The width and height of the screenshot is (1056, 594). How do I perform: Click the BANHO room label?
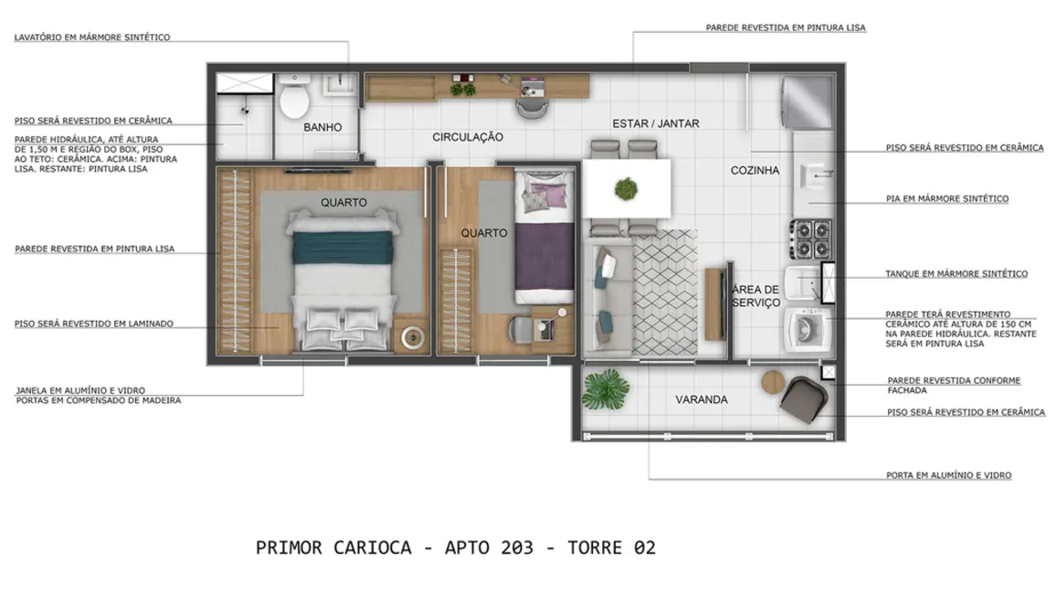(322, 128)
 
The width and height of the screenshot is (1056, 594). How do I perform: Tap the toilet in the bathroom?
(294, 100)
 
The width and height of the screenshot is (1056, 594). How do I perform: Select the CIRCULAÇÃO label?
(468, 137)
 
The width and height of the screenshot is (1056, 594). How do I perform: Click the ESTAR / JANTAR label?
(655, 123)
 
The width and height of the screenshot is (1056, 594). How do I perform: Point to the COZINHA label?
(755, 171)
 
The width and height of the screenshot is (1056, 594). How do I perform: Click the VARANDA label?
(702, 400)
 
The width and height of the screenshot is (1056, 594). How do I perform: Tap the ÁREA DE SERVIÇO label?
(755, 296)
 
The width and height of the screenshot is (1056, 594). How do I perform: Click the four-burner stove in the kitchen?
(809, 239)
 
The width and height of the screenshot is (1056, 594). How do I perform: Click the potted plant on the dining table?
(627, 189)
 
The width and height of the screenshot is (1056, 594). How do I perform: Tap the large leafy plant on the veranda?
(606, 391)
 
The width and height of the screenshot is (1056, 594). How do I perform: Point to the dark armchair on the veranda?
(805, 401)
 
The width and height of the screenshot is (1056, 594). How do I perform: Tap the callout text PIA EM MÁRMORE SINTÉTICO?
(946, 199)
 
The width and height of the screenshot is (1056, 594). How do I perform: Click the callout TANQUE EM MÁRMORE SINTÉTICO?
(956, 274)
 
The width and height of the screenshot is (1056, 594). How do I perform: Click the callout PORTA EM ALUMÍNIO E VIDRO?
(948, 476)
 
